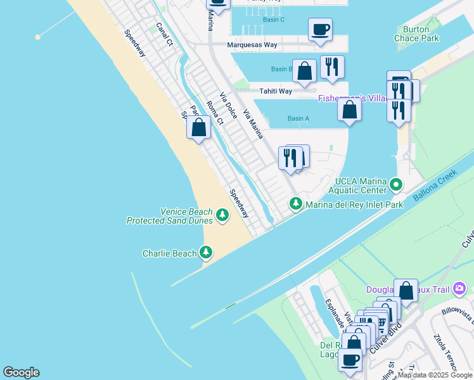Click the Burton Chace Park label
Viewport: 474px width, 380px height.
coord(420,34)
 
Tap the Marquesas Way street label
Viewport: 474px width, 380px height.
coord(253,45)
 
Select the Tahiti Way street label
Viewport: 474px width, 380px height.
coord(276,91)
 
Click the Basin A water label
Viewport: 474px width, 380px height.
coord(298,118)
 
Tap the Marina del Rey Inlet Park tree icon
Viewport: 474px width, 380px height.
coord(295,204)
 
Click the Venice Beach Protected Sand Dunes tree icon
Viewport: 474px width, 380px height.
coord(222,215)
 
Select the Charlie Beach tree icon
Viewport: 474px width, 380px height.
coord(205,253)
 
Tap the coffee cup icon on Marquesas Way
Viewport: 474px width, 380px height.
coord(320,29)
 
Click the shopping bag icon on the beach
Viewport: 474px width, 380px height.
coord(199,127)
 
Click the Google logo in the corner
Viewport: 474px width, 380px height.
coord(21,372)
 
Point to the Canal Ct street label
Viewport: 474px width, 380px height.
coord(164,34)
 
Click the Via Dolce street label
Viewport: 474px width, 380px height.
coord(229,106)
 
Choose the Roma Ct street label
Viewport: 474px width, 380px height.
coord(215,113)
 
